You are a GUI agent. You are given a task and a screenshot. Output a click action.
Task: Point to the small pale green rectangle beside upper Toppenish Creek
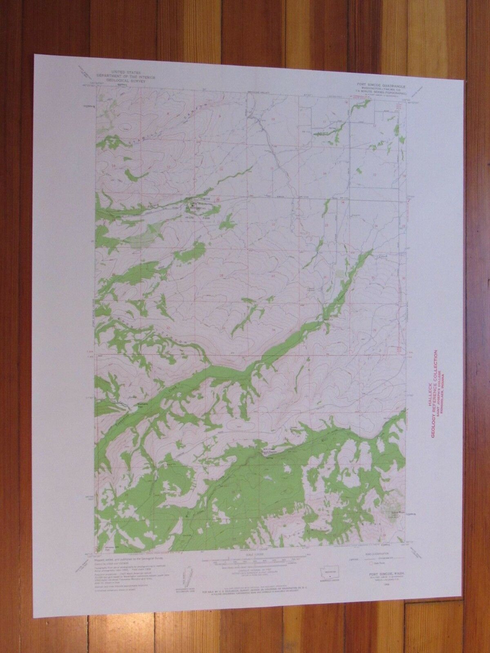click(x=341, y=272)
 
